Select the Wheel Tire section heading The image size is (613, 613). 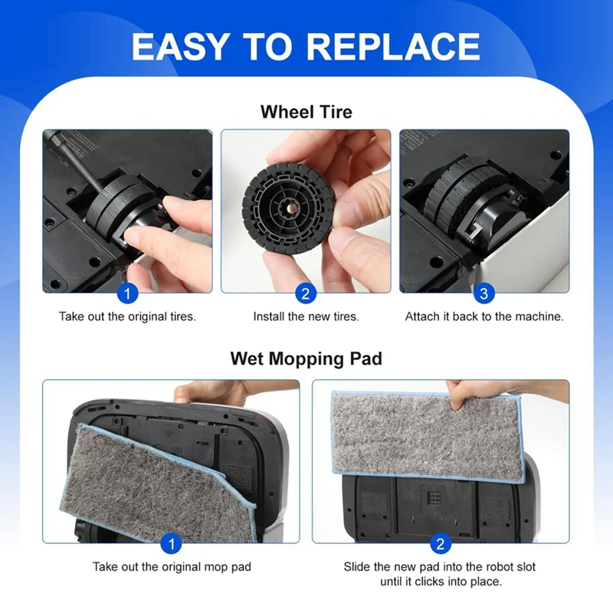click(306, 112)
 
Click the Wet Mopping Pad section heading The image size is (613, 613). click(306, 358)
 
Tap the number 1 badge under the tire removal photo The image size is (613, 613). click(127, 293)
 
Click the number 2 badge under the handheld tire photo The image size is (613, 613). click(305, 293)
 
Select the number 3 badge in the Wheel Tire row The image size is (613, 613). click(484, 293)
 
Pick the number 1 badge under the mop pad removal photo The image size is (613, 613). click(172, 544)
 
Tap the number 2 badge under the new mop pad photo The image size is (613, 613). click(440, 544)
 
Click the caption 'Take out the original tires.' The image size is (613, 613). click(127, 316)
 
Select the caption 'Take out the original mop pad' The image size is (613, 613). click(172, 567)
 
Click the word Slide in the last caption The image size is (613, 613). click(358, 567)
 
